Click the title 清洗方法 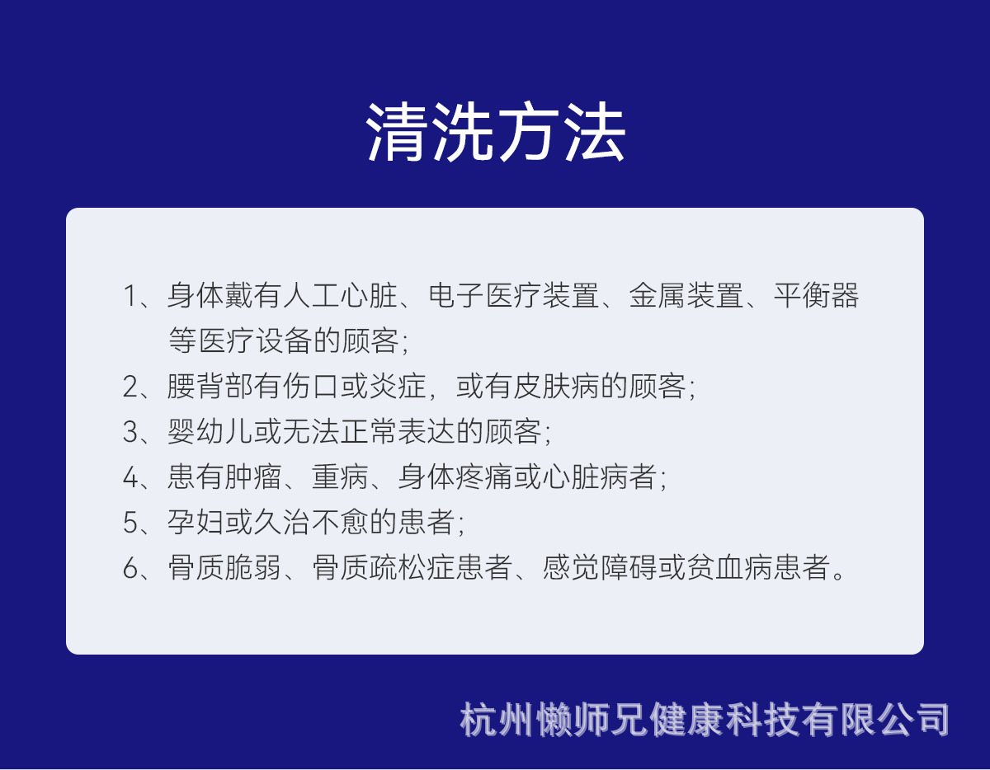pos(495,132)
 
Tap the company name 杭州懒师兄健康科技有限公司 pos(705,720)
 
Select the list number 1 pos(130,296)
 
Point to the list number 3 pos(130,432)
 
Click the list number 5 pos(130,522)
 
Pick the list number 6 pos(130,567)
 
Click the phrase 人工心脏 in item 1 pos(340,296)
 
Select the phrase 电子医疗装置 pos(513,296)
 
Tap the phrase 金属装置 pos(686,296)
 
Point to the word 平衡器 pos(816,296)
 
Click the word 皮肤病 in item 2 pos(556,387)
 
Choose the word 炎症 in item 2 pos(398,387)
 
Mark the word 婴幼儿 pos(210,431)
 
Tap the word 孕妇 pos(196,522)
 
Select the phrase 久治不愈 pos(311,522)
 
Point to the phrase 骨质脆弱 pos(224,567)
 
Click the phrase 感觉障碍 pos(600,567)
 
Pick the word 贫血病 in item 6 pos(729,567)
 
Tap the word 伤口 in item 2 pos(310,387)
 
